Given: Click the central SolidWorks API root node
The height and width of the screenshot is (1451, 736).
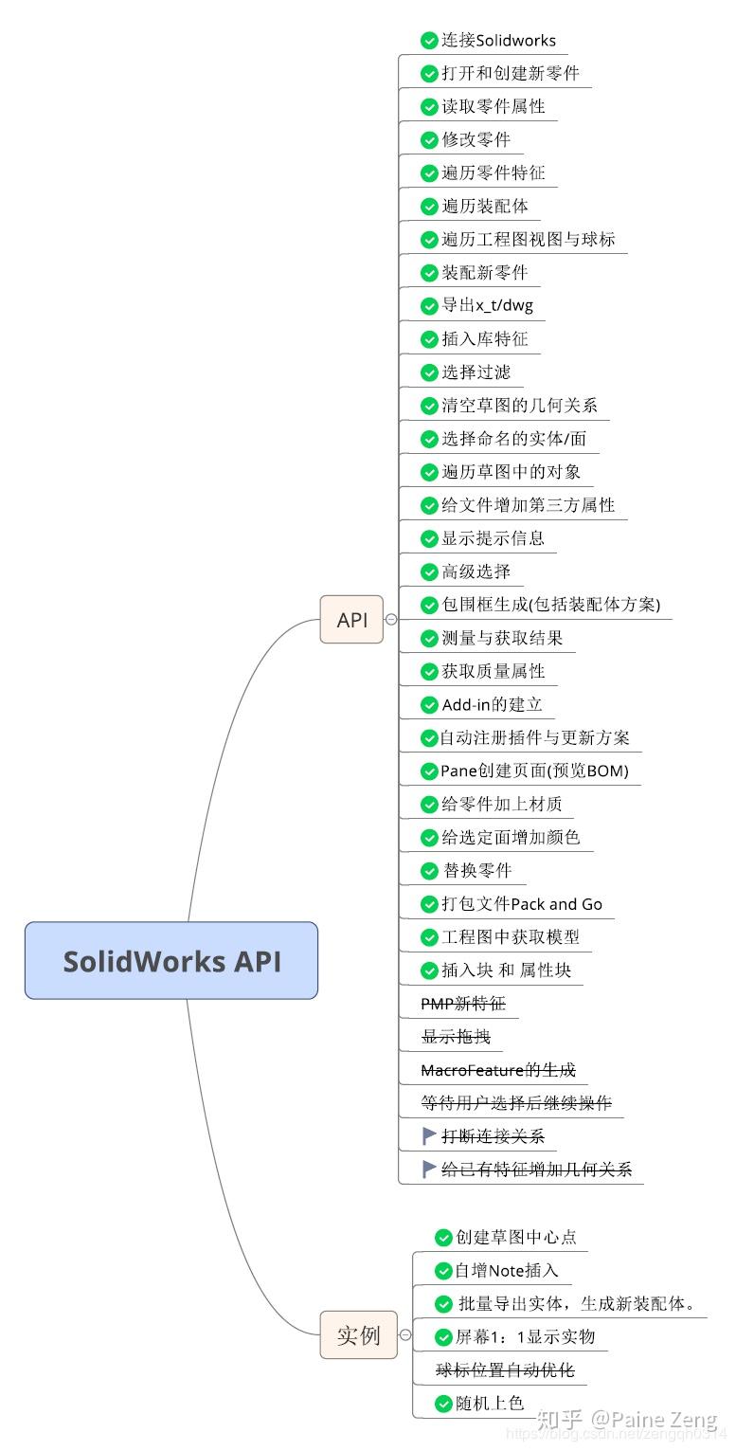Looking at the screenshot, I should pyautogui.click(x=171, y=960).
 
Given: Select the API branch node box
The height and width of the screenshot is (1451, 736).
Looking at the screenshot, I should pyautogui.click(x=351, y=620).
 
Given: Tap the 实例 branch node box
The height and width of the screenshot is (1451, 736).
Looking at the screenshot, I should pyautogui.click(x=358, y=1335).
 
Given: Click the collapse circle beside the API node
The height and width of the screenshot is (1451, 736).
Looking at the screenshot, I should pyautogui.click(x=390, y=620).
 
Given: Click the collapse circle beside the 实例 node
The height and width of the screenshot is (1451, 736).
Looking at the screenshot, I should pyautogui.click(x=405, y=1335).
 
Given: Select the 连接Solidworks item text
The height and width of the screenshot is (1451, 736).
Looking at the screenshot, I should pyautogui.click(x=498, y=41).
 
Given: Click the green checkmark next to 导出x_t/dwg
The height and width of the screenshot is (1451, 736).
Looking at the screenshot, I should pyautogui.click(x=429, y=306).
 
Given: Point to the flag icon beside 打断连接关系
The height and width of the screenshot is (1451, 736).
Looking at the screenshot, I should pyautogui.click(x=429, y=1135).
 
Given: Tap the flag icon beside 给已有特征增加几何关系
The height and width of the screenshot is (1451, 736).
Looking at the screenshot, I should pyautogui.click(x=429, y=1169).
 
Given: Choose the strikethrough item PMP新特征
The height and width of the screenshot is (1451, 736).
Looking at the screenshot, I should pyautogui.click(x=470, y=1004).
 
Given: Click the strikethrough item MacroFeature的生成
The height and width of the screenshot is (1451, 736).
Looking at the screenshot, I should pyautogui.click(x=498, y=1070).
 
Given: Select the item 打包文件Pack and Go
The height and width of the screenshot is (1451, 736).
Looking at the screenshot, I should pyautogui.click(x=521, y=904).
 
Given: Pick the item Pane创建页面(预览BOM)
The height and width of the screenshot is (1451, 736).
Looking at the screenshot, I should pyautogui.click(x=534, y=771).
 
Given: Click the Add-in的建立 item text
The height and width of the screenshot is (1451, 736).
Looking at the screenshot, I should pyautogui.click(x=492, y=704).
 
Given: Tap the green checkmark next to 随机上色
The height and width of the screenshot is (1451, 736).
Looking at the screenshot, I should pyautogui.click(x=443, y=1404).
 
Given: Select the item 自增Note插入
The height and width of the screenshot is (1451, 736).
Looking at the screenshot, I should pyautogui.click(x=507, y=1271).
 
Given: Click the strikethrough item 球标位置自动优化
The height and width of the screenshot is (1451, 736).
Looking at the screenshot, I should pyautogui.click(x=505, y=1370).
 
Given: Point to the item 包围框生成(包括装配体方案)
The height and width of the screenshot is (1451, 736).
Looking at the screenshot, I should pyautogui.click(x=550, y=605).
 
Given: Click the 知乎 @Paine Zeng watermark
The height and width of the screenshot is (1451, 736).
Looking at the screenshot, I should pyautogui.click(x=626, y=1420).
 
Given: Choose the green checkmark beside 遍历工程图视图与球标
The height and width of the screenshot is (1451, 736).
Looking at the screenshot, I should pyautogui.click(x=429, y=240).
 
